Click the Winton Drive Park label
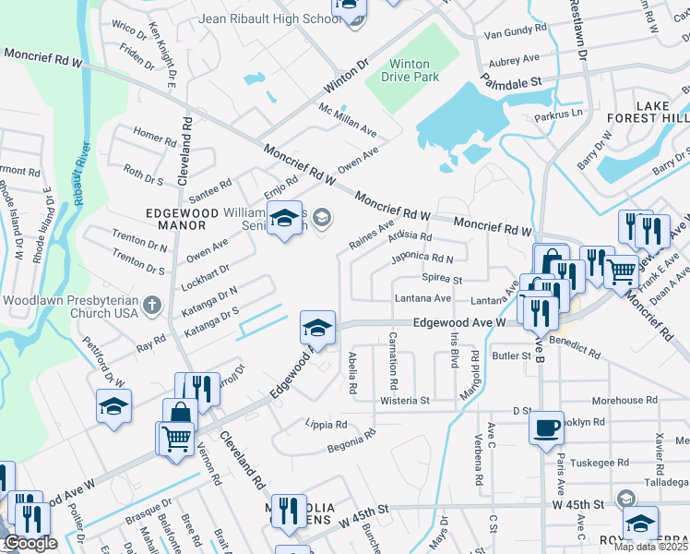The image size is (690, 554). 409,70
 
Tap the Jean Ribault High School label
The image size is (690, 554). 270,18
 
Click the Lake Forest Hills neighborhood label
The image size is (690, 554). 646,112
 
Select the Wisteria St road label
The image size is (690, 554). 405,401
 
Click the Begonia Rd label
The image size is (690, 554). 351,442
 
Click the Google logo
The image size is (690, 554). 30,543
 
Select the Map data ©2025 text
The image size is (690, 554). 651,547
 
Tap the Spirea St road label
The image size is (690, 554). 441,278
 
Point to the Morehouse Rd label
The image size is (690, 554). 625,401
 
